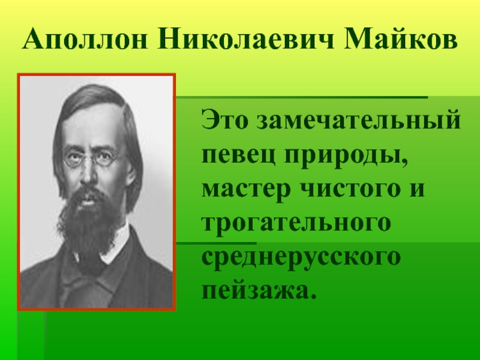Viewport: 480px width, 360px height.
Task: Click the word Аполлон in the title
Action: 85,40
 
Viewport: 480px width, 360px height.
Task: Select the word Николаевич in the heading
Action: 246,40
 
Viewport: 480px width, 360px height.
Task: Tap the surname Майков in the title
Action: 401,40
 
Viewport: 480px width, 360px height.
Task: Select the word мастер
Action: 246,188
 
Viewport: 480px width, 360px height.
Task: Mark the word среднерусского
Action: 301,257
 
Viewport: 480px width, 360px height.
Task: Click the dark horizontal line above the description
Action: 302,97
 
